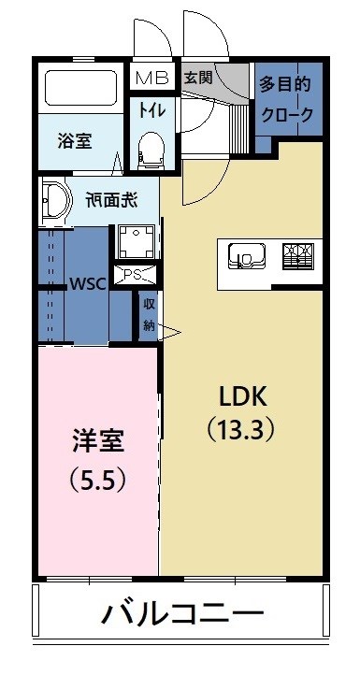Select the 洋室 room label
(97, 441)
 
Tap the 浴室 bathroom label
(75, 141)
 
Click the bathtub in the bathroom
(80, 88)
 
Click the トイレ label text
(152, 109)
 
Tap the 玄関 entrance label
(197, 77)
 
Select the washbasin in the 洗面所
(54, 200)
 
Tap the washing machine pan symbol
(137, 242)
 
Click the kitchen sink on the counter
(245, 254)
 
